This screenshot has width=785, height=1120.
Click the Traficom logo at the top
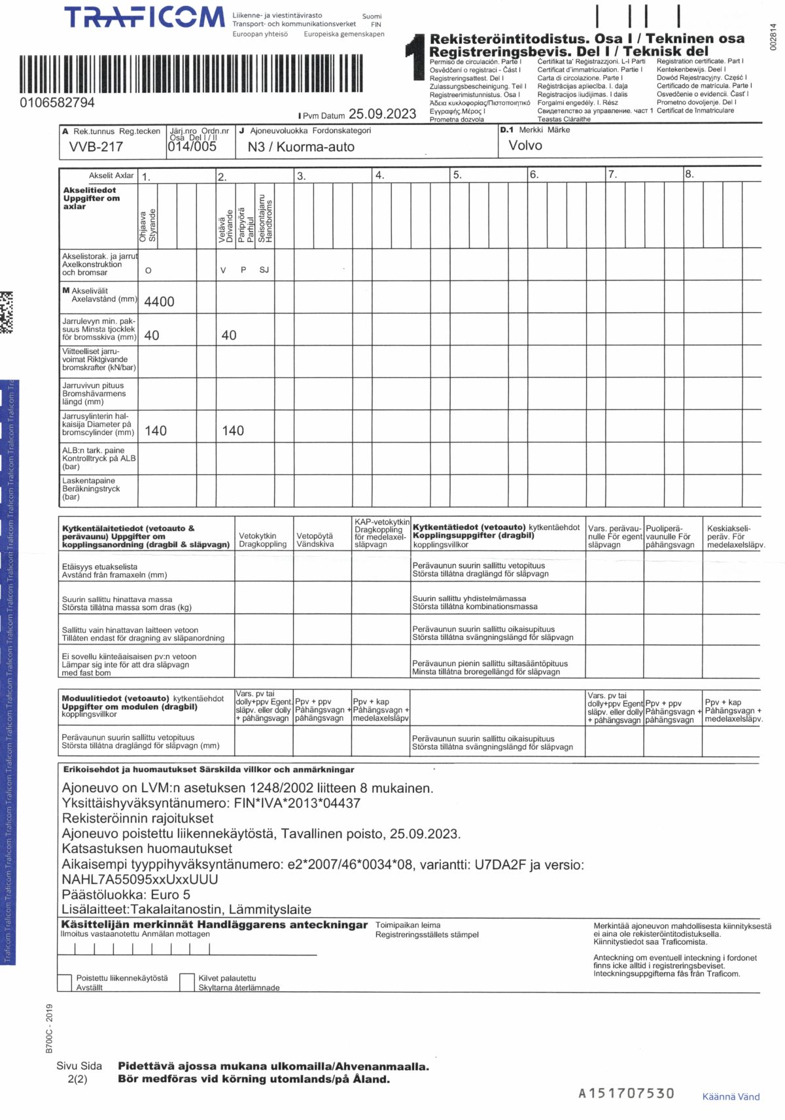[145, 18]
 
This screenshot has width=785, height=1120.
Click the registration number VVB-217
[96, 147]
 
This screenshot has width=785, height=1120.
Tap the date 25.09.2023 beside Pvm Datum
[382, 114]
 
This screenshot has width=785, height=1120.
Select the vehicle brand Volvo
[525, 145]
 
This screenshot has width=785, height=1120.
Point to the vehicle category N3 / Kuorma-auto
[301, 147]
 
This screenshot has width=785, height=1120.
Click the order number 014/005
[192, 147]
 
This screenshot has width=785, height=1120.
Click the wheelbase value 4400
[159, 302]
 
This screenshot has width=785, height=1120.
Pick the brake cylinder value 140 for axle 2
[233, 430]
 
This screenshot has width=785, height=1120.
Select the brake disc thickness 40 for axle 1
[151, 335]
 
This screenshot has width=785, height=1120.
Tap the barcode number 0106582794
[57, 103]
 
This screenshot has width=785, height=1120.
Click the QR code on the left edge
[6, 312]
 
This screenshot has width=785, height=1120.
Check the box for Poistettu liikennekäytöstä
[65, 983]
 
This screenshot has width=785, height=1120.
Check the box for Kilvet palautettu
[187, 982]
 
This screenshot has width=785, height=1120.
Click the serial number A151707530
[626, 1093]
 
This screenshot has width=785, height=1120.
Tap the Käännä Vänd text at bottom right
[731, 1096]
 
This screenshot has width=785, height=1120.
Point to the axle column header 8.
[689, 175]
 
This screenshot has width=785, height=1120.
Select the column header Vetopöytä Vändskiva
[315, 540]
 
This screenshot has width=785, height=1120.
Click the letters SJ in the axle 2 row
[264, 270]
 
